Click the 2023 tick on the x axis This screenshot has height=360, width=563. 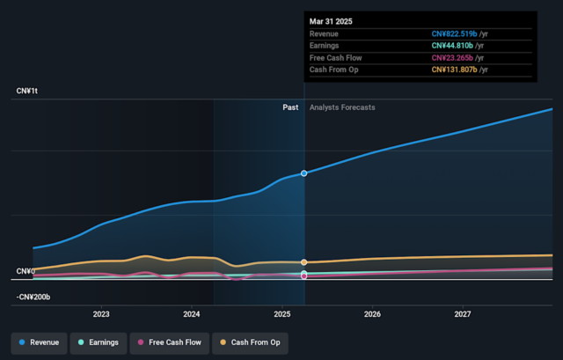101,314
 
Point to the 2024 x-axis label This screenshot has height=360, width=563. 192,314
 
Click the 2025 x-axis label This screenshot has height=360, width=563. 282,314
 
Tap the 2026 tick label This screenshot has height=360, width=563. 372,314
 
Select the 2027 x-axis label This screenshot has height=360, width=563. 463,314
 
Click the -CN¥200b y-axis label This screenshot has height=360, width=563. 33,298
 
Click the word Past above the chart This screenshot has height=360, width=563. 290,107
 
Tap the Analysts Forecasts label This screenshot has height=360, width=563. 342,107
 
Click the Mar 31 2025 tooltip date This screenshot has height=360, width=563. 333,20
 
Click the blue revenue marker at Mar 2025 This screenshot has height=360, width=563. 304,173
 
